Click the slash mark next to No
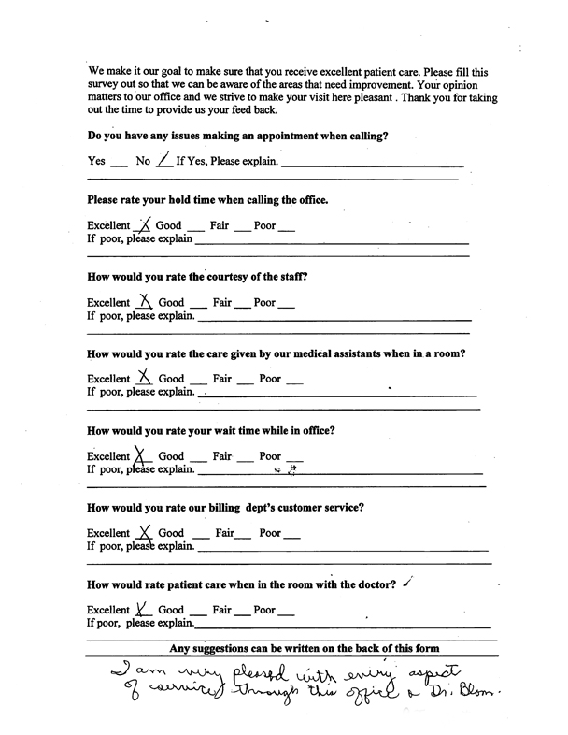point(164,160)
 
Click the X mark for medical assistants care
point(144,377)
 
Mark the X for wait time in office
point(142,455)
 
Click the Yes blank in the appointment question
point(118,164)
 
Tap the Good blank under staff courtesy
point(195,306)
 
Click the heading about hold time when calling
point(206,199)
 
